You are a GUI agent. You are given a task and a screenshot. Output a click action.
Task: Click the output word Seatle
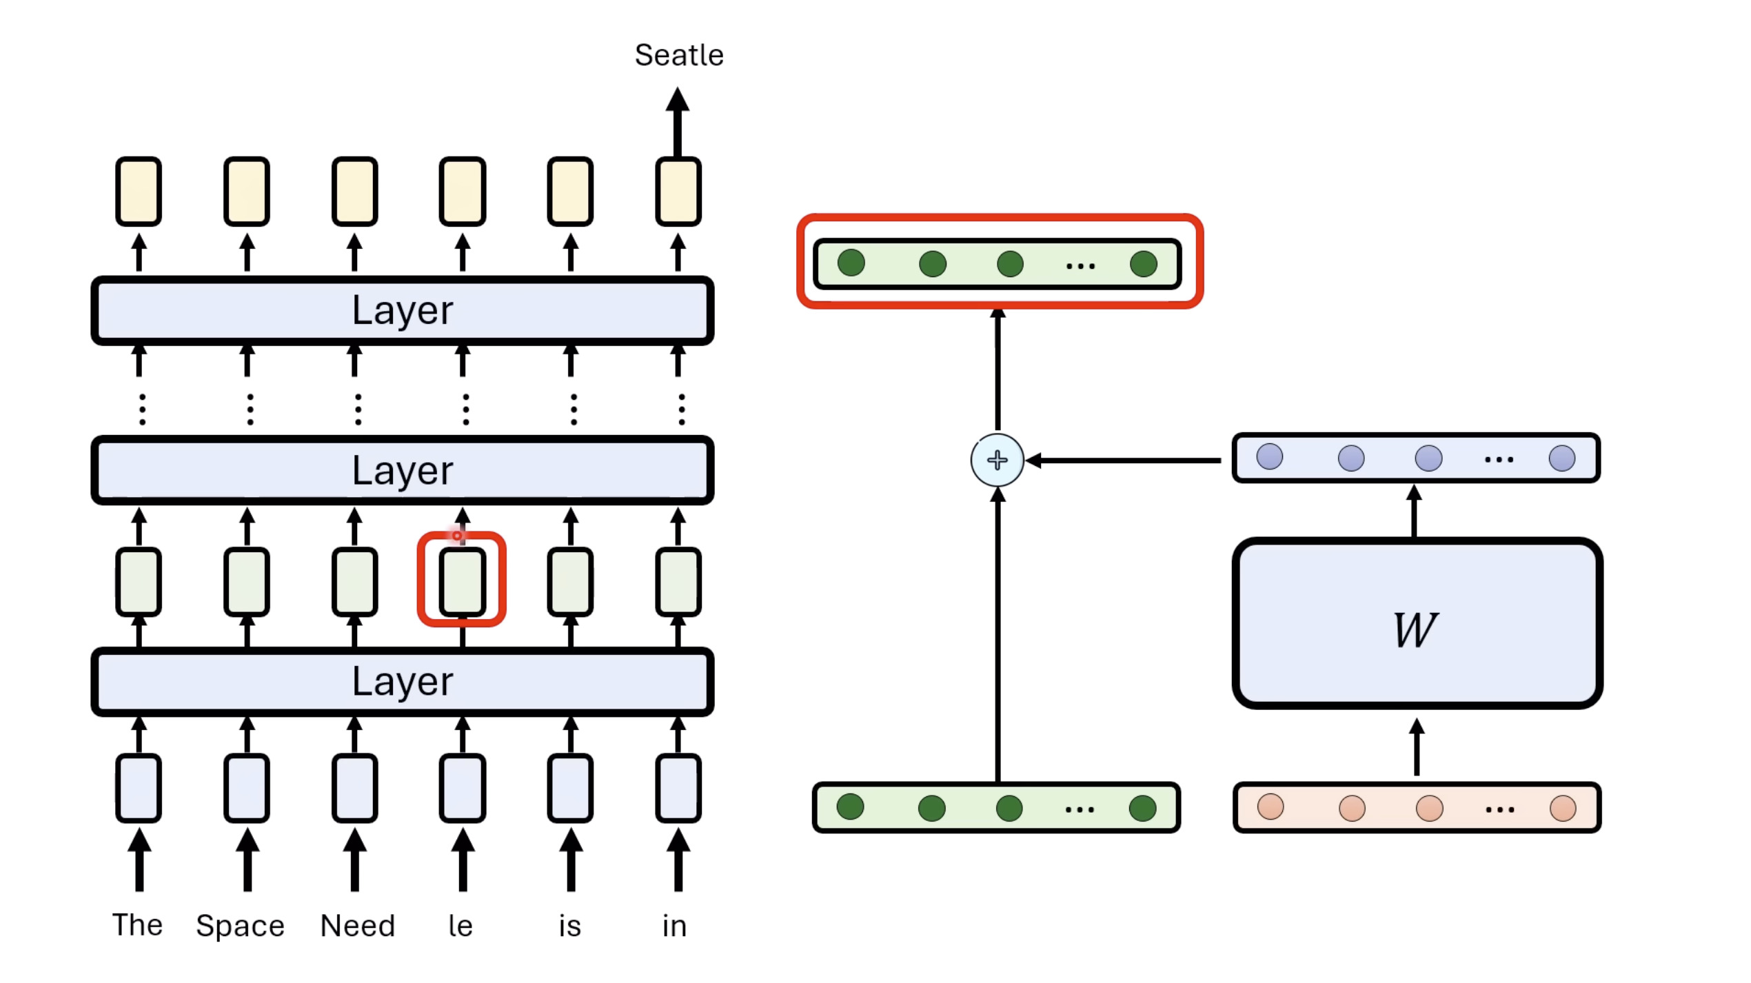click(679, 55)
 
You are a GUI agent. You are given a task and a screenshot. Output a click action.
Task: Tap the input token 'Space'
click(240, 926)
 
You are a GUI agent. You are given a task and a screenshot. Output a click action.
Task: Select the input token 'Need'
click(358, 926)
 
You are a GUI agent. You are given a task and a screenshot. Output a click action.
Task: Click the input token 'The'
click(138, 925)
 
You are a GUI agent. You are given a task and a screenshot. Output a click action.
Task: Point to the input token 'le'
click(460, 926)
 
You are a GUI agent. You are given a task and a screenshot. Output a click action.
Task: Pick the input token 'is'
click(570, 926)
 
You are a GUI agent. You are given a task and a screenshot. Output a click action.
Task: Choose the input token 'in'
click(674, 926)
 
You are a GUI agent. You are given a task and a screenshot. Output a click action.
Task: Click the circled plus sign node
click(998, 460)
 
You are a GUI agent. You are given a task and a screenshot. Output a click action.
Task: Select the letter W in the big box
click(1415, 629)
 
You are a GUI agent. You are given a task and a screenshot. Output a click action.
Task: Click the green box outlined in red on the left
click(462, 581)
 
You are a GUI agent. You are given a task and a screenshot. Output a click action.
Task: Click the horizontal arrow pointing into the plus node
click(1124, 460)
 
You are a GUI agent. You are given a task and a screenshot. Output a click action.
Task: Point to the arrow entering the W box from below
click(1417, 748)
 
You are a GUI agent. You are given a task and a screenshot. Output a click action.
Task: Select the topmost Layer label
click(403, 310)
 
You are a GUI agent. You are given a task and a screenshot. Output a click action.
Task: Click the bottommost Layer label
click(403, 682)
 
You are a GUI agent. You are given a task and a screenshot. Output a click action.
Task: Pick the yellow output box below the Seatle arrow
click(678, 192)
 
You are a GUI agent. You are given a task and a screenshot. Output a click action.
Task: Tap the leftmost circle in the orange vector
click(1271, 807)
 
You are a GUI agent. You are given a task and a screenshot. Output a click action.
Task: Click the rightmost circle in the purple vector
click(1561, 458)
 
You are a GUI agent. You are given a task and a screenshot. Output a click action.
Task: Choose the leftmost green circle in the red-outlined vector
click(851, 263)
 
